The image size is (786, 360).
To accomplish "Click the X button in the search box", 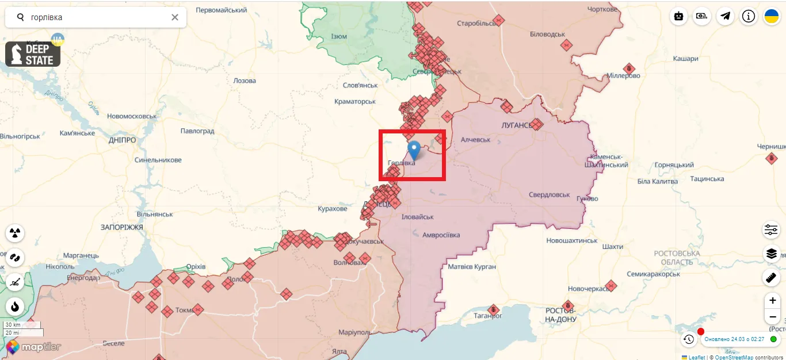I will tap(175, 17).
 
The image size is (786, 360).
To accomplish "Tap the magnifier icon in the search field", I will tap(21, 17).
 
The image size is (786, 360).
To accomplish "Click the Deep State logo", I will tap(33, 54).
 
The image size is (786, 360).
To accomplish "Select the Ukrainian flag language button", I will tap(771, 17).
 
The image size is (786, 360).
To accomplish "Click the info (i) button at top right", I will tap(748, 17).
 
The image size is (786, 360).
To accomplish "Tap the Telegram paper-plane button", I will tap(725, 17).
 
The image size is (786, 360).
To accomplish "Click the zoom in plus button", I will tap(772, 301).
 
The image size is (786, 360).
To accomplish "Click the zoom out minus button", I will tap(772, 317).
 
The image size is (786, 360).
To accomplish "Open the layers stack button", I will tap(771, 254).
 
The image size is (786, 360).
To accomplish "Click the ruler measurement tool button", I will tap(771, 278).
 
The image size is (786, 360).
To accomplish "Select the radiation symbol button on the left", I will tap(15, 233).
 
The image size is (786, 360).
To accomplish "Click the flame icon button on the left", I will tap(15, 306).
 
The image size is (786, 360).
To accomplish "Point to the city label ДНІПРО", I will tap(122, 140).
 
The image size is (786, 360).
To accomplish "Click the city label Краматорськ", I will tap(355, 102).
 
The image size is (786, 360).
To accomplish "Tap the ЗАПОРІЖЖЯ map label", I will tap(121, 228).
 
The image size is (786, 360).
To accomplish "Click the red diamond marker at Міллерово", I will tap(629, 69).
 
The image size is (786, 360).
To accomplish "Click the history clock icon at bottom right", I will tap(689, 339).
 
